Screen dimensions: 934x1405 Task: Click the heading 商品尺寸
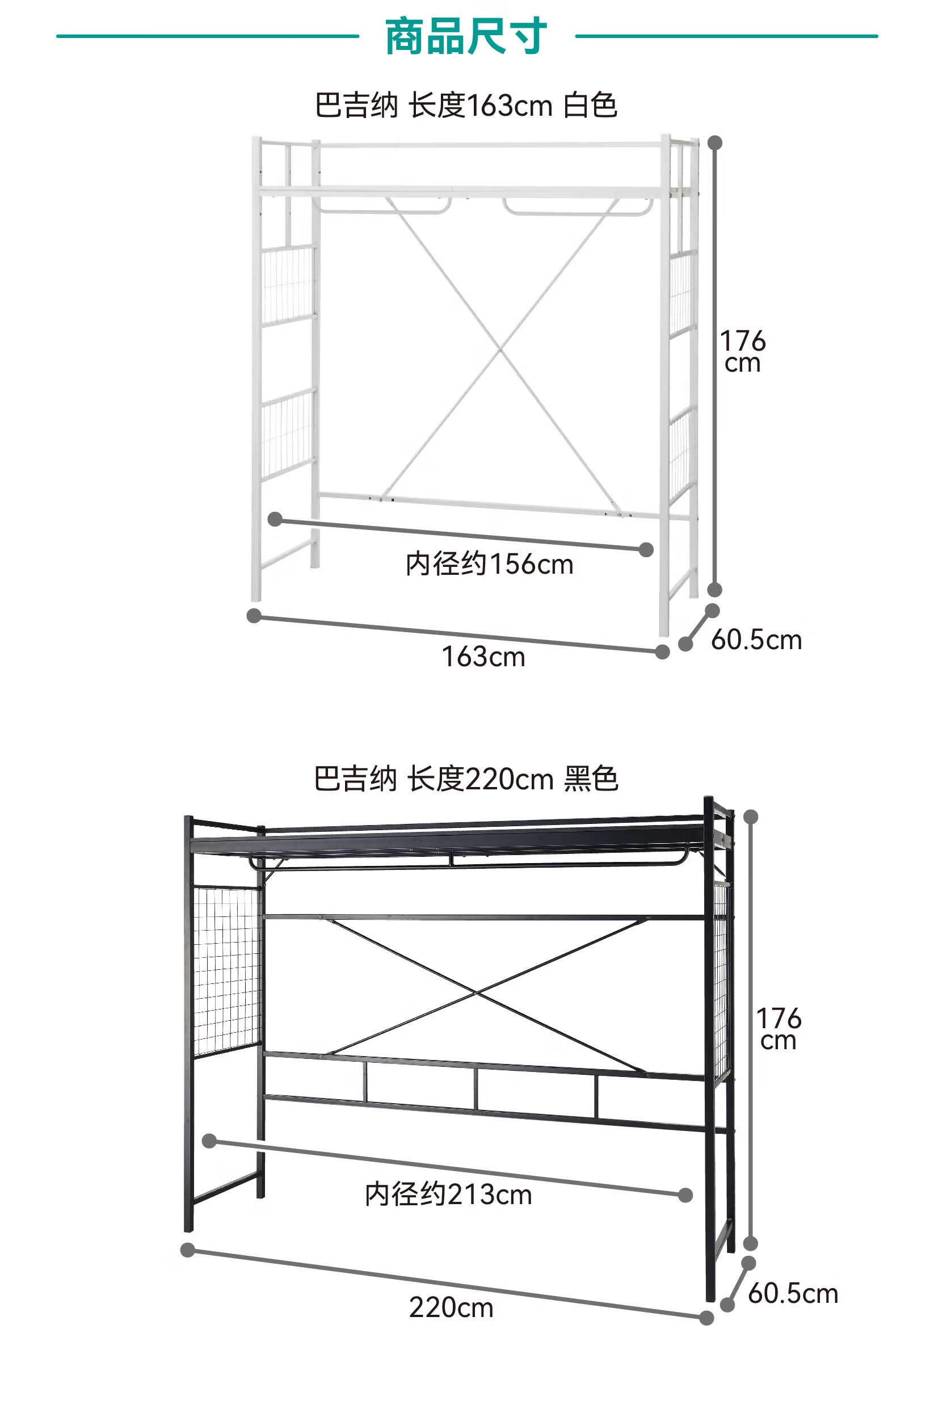(x=466, y=37)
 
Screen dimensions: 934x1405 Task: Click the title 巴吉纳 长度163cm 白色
(x=466, y=106)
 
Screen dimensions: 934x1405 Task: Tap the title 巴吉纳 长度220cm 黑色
(x=466, y=779)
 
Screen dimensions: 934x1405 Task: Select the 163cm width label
(x=483, y=657)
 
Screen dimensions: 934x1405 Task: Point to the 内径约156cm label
(x=489, y=564)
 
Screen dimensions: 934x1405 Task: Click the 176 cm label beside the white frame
(x=742, y=351)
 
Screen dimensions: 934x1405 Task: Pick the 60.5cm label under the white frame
(x=756, y=640)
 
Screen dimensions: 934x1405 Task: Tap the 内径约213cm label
(x=448, y=1196)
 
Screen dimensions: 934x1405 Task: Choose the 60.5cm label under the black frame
(x=792, y=1294)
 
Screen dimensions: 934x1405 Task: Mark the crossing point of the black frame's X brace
(x=477, y=992)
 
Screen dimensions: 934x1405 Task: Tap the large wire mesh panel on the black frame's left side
(x=227, y=971)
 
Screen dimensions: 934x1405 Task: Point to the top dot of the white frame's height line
(x=715, y=143)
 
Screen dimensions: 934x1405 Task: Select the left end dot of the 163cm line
(x=254, y=615)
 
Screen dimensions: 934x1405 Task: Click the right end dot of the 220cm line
(x=706, y=1318)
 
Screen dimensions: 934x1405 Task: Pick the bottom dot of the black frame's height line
(x=751, y=1244)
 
